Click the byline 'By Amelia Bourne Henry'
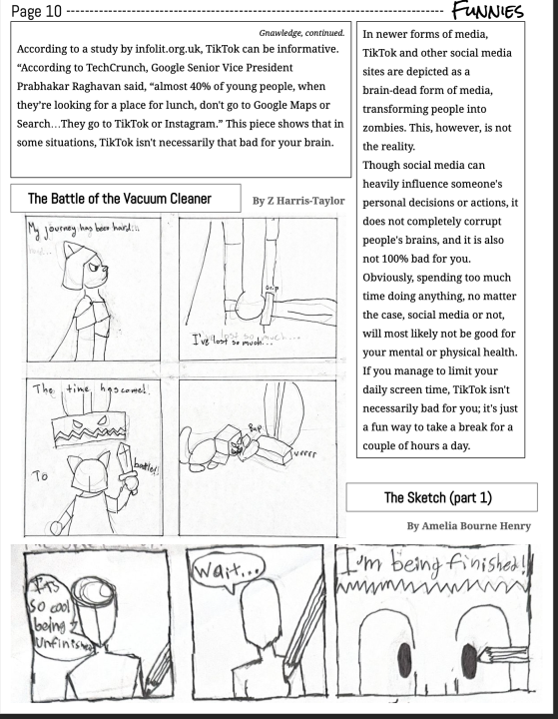pos(468,525)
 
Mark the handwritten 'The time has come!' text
pos(90,390)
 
